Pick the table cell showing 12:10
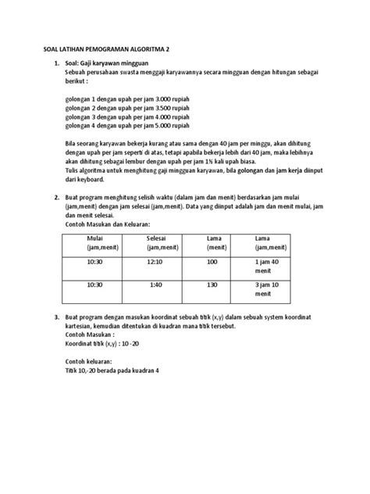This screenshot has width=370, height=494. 155,265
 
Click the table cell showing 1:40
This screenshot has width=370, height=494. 155,285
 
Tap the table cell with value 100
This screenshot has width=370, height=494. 211,265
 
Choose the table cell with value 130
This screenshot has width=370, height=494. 211,285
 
